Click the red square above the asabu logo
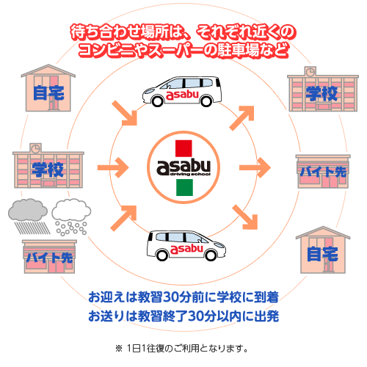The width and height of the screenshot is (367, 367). [x=183, y=148]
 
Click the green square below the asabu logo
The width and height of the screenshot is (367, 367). [x=184, y=187]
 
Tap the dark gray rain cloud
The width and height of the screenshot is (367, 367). [x=28, y=210]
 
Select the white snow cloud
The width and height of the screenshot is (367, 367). [x=71, y=210]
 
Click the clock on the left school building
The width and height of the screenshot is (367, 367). [x=35, y=148]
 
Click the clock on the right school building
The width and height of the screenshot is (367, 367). [x=310, y=72]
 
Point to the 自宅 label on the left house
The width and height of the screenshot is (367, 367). [x=48, y=93]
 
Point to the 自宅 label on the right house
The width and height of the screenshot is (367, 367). [x=323, y=254]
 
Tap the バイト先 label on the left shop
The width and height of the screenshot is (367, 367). [x=50, y=258]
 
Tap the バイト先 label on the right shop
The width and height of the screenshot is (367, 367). [x=323, y=172]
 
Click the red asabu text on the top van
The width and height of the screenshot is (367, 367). [x=182, y=95]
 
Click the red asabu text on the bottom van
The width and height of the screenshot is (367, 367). [x=186, y=249]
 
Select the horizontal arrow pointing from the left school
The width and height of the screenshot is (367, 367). [x=113, y=167]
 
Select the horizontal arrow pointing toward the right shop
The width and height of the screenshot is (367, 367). [x=255, y=167]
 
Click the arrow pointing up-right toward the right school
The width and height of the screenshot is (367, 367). [x=241, y=118]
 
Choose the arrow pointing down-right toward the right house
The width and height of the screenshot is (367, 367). [x=244, y=217]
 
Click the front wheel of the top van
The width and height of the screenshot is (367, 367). [x=157, y=101]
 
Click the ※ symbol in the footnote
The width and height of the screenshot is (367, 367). [x=119, y=349]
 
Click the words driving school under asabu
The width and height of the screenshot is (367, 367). [x=190, y=174]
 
